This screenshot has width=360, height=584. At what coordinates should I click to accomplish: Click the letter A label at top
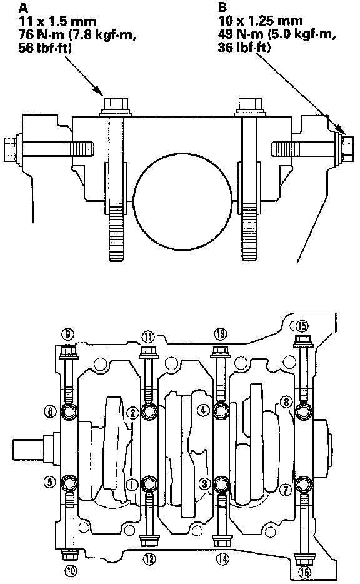pos(22,7)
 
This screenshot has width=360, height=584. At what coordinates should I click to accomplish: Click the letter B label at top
pos(222,7)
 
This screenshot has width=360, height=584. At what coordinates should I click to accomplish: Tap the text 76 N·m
pos(38,34)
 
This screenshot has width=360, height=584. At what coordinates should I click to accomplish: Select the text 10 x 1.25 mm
pos(260,21)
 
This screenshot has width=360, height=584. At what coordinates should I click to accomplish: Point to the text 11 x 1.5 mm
pos(57,21)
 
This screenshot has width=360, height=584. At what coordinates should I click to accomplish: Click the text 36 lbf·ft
pos(244,48)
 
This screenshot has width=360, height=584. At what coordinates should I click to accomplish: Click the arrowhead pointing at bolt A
pos(99,91)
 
